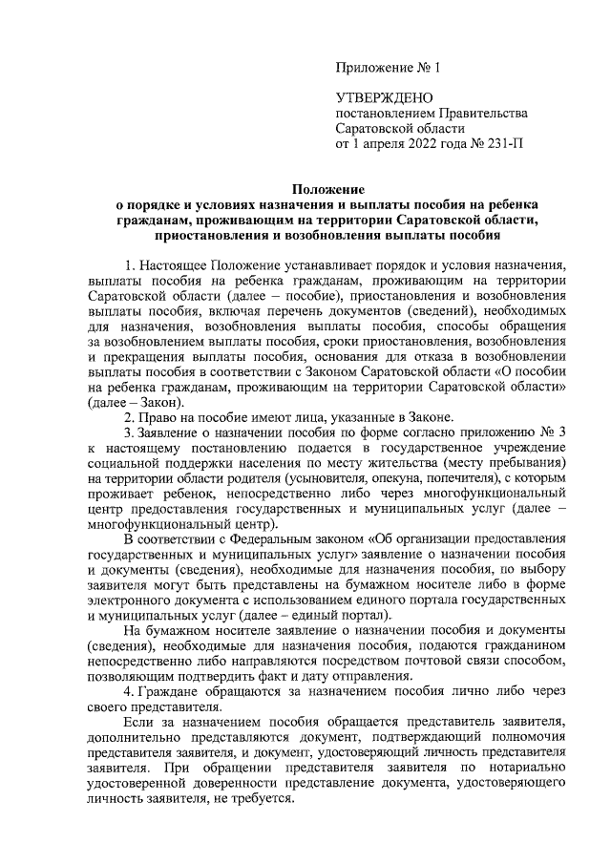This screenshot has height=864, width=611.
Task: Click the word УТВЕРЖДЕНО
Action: (384, 98)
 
